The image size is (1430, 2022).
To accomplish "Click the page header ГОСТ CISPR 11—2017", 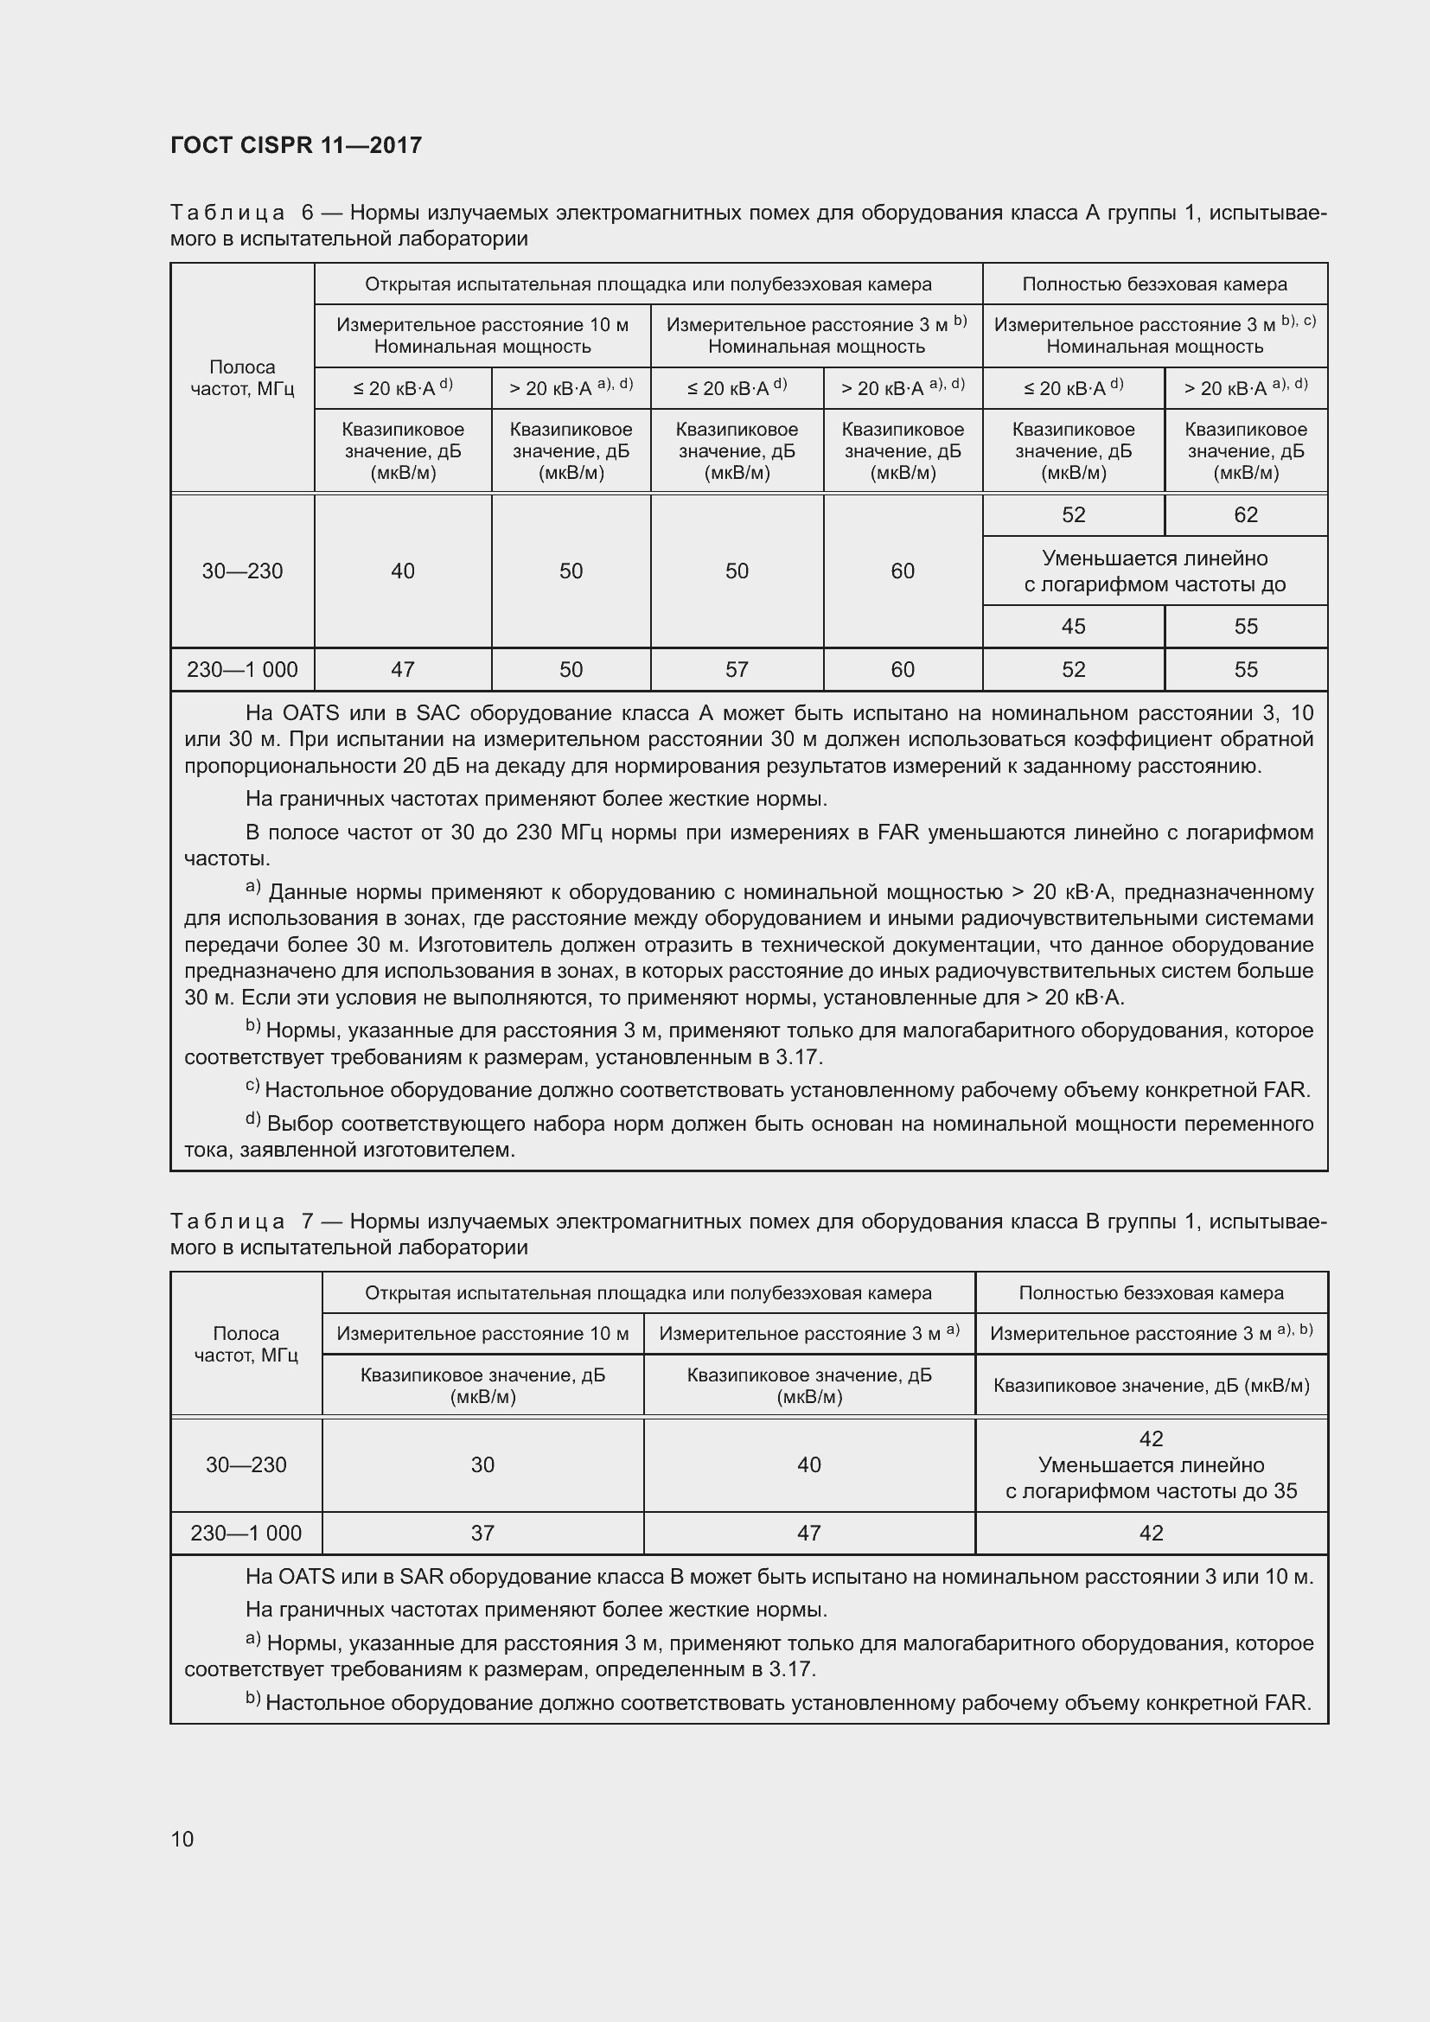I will point(296,145).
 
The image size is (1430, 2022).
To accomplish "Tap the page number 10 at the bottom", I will point(182,1839).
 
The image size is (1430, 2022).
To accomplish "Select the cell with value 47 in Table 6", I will point(402,669).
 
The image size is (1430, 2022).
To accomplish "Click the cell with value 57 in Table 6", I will point(736,669).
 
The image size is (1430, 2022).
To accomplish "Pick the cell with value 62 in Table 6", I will point(1245,515).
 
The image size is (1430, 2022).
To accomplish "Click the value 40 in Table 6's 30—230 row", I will point(402,571).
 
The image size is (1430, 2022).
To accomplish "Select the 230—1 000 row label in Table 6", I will point(242,669).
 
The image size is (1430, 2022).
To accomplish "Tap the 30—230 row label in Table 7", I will point(246,1464).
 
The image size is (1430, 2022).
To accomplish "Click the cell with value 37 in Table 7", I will point(482,1534).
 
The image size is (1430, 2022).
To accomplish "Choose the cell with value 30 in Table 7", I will point(482,1464).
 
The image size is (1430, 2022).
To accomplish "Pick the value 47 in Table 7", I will point(808,1534).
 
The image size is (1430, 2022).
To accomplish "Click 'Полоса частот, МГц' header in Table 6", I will point(242,378).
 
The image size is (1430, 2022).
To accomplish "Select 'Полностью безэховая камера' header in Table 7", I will point(1151,1292).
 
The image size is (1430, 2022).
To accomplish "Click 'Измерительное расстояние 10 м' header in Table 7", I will point(482,1333).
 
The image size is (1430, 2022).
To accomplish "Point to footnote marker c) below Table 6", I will point(252,1088).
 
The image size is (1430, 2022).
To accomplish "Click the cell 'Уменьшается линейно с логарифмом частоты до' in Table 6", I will point(1154,571).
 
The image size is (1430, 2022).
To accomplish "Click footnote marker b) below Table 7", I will point(252,1699).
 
